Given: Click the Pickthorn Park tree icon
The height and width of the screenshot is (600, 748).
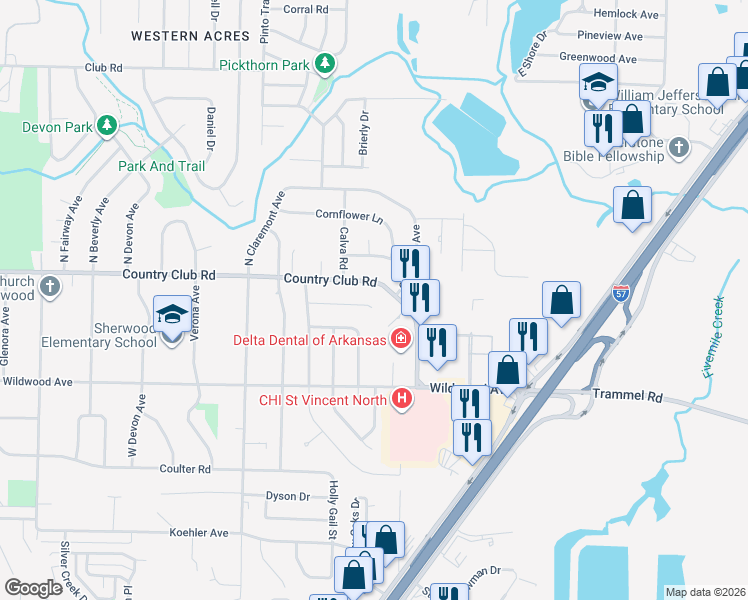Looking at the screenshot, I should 324,65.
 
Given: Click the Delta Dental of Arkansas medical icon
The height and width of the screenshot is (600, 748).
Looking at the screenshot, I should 401,339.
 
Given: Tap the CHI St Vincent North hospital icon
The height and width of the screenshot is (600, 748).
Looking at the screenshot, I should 402,400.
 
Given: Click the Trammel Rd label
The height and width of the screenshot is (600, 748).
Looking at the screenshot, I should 626,397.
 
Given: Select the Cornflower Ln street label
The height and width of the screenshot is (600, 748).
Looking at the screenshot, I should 349,216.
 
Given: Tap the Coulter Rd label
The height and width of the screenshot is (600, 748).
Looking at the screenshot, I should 185,468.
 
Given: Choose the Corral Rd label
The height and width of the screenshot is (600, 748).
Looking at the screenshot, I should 306,9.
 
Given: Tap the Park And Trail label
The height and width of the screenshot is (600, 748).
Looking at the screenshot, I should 161,166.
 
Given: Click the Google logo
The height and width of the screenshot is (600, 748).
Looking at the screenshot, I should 33,588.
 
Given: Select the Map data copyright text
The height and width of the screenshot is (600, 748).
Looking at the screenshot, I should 705,592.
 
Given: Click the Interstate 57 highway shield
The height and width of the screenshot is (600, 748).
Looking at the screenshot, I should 621,293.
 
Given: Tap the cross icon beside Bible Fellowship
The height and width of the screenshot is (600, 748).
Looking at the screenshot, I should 679,149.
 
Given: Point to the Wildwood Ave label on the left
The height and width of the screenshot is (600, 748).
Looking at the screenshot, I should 38,382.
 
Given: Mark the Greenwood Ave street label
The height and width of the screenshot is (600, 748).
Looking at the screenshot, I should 599,58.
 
